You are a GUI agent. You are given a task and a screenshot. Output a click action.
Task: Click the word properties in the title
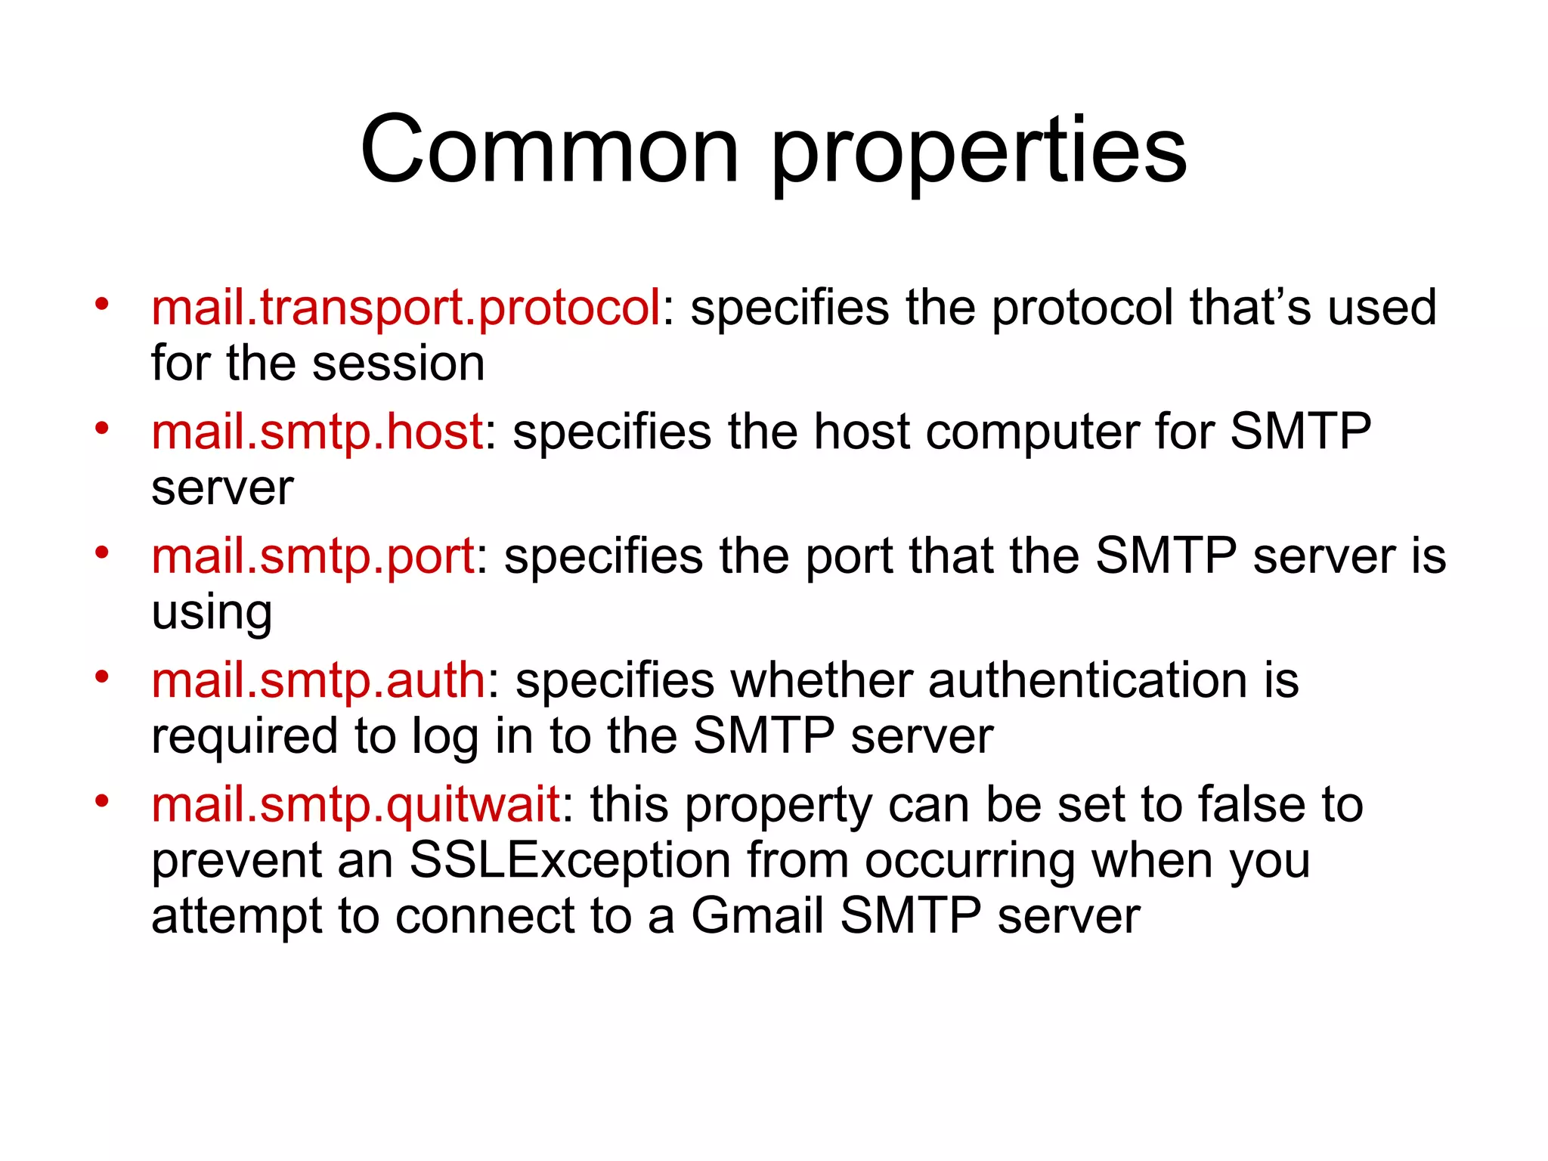pos(979,151)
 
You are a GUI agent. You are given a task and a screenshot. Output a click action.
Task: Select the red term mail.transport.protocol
pos(406,308)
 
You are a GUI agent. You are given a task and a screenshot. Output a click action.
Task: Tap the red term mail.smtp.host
pos(317,432)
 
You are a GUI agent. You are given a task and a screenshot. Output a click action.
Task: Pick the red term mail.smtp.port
pos(312,556)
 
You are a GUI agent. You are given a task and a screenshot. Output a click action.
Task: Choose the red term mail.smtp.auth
pos(317,680)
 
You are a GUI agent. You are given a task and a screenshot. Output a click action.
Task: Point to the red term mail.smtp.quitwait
pos(355,804)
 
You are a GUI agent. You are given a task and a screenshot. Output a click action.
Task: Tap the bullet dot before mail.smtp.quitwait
pos(102,800)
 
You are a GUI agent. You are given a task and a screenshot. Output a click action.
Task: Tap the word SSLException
pos(570,861)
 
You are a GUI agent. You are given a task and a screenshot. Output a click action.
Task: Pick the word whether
pos(821,680)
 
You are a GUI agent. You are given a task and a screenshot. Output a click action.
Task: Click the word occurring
pos(969,861)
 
